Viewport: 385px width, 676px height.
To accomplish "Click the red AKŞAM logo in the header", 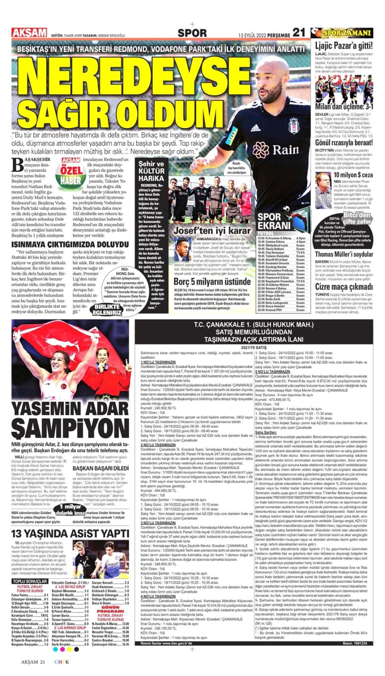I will tap(29, 33).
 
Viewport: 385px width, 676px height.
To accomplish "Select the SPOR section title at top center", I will tap(192, 33).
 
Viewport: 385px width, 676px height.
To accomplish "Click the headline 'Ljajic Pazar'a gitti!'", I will tap(344, 45).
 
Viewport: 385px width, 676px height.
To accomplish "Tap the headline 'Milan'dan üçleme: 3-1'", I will tap(344, 107).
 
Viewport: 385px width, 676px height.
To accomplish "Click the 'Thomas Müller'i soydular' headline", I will tap(344, 254).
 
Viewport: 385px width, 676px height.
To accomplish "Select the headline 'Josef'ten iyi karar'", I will tap(212, 230).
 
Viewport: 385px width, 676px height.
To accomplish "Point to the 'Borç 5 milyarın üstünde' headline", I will tap(212, 282).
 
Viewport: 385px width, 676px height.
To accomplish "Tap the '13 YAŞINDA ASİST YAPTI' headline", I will tap(70, 534).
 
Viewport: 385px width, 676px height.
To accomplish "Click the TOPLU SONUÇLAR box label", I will tap(30, 581).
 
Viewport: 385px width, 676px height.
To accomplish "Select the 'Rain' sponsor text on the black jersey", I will tap(286, 150).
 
